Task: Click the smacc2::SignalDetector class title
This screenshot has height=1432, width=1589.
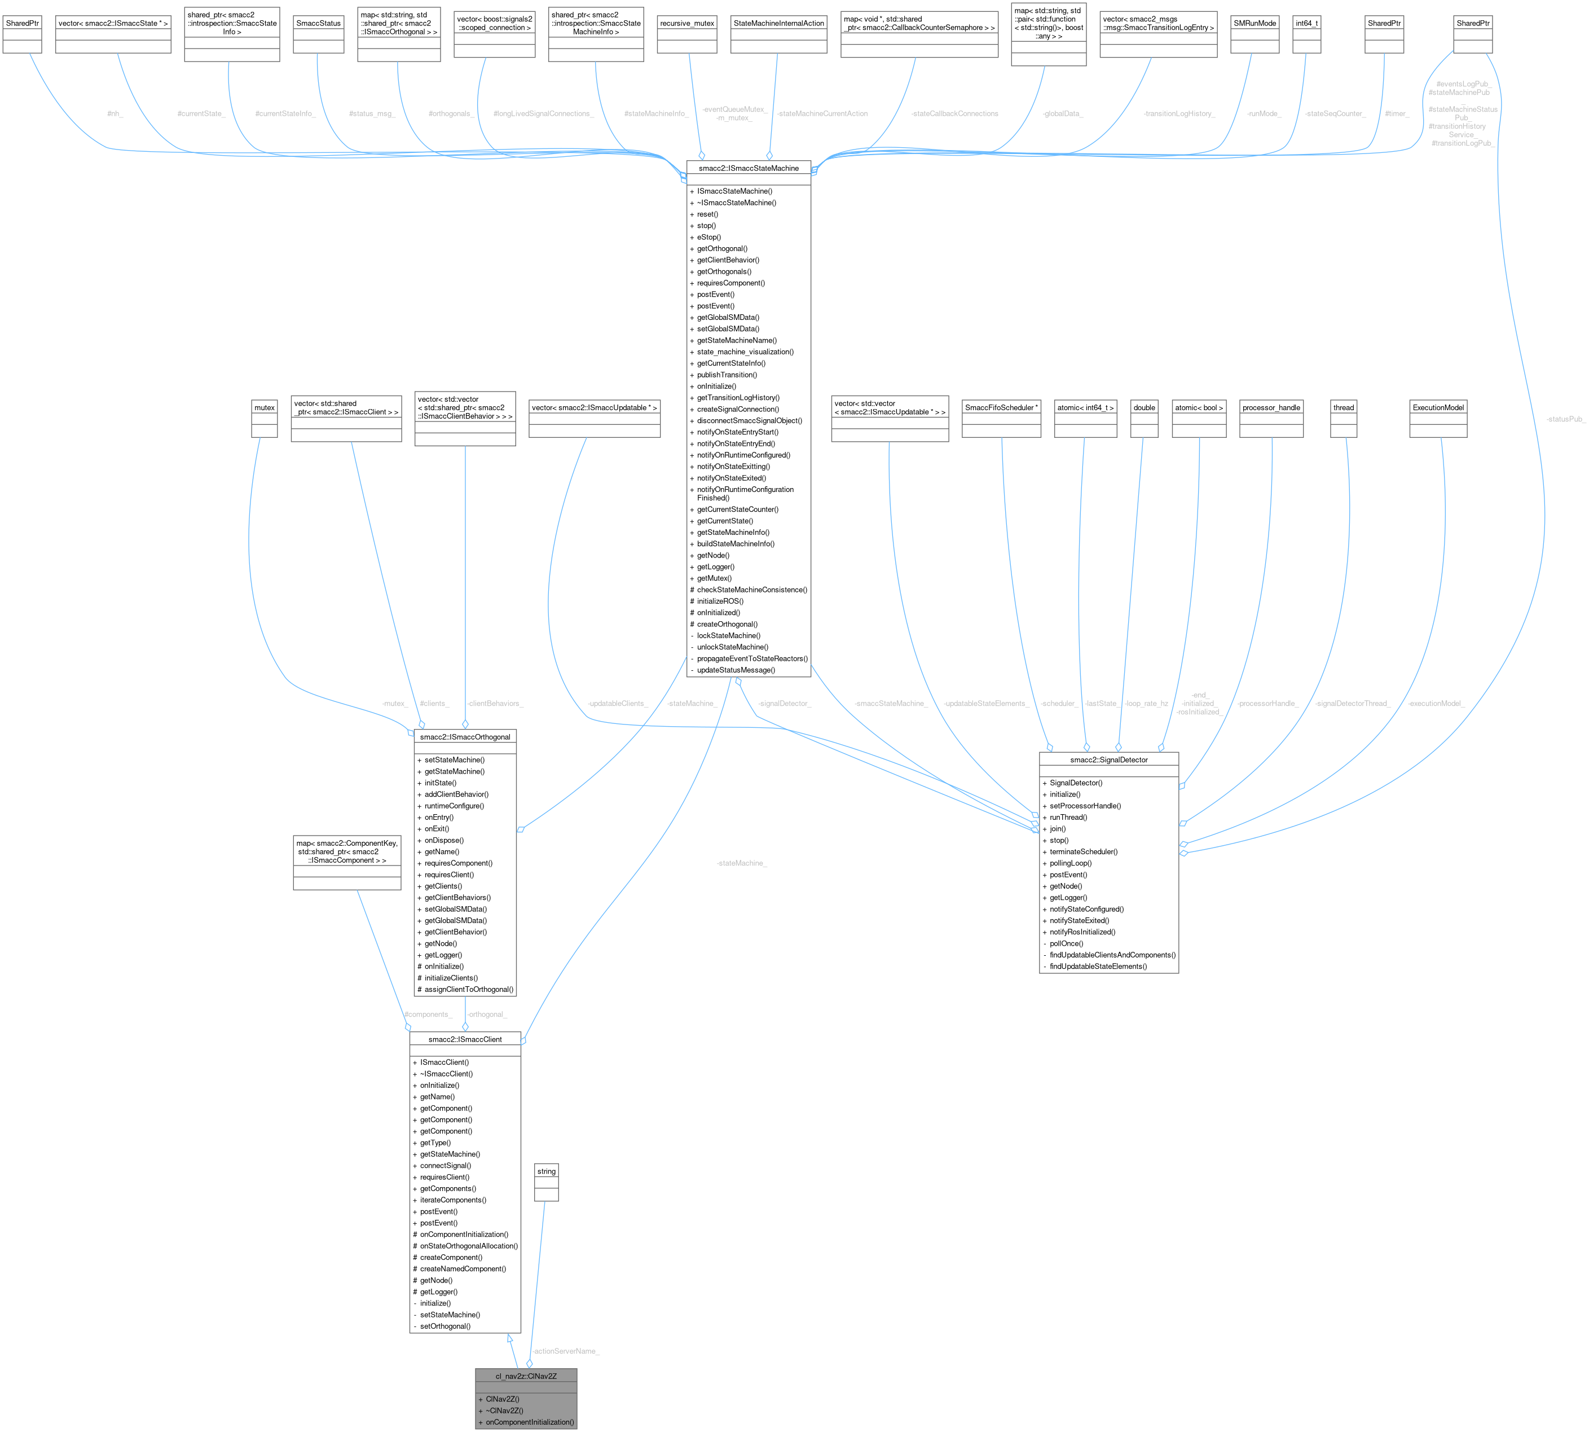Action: [1108, 760]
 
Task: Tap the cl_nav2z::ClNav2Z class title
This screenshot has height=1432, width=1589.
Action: [526, 1376]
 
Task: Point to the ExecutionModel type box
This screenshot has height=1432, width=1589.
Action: [1438, 407]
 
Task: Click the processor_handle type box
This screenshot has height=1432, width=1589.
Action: [1271, 407]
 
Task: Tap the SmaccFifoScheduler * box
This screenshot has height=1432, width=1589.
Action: [1001, 407]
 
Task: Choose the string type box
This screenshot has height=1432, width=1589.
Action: [546, 1171]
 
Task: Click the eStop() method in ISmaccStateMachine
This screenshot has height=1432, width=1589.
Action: [708, 237]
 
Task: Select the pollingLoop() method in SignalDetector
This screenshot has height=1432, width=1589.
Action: [1070, 863]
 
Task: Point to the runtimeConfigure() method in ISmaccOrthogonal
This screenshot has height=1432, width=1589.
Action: [454, 806]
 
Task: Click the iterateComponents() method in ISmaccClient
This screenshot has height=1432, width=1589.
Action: [452, 1200]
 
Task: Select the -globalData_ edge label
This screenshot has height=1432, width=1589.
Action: [1063, 114]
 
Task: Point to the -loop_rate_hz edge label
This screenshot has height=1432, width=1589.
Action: [1146, 704]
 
